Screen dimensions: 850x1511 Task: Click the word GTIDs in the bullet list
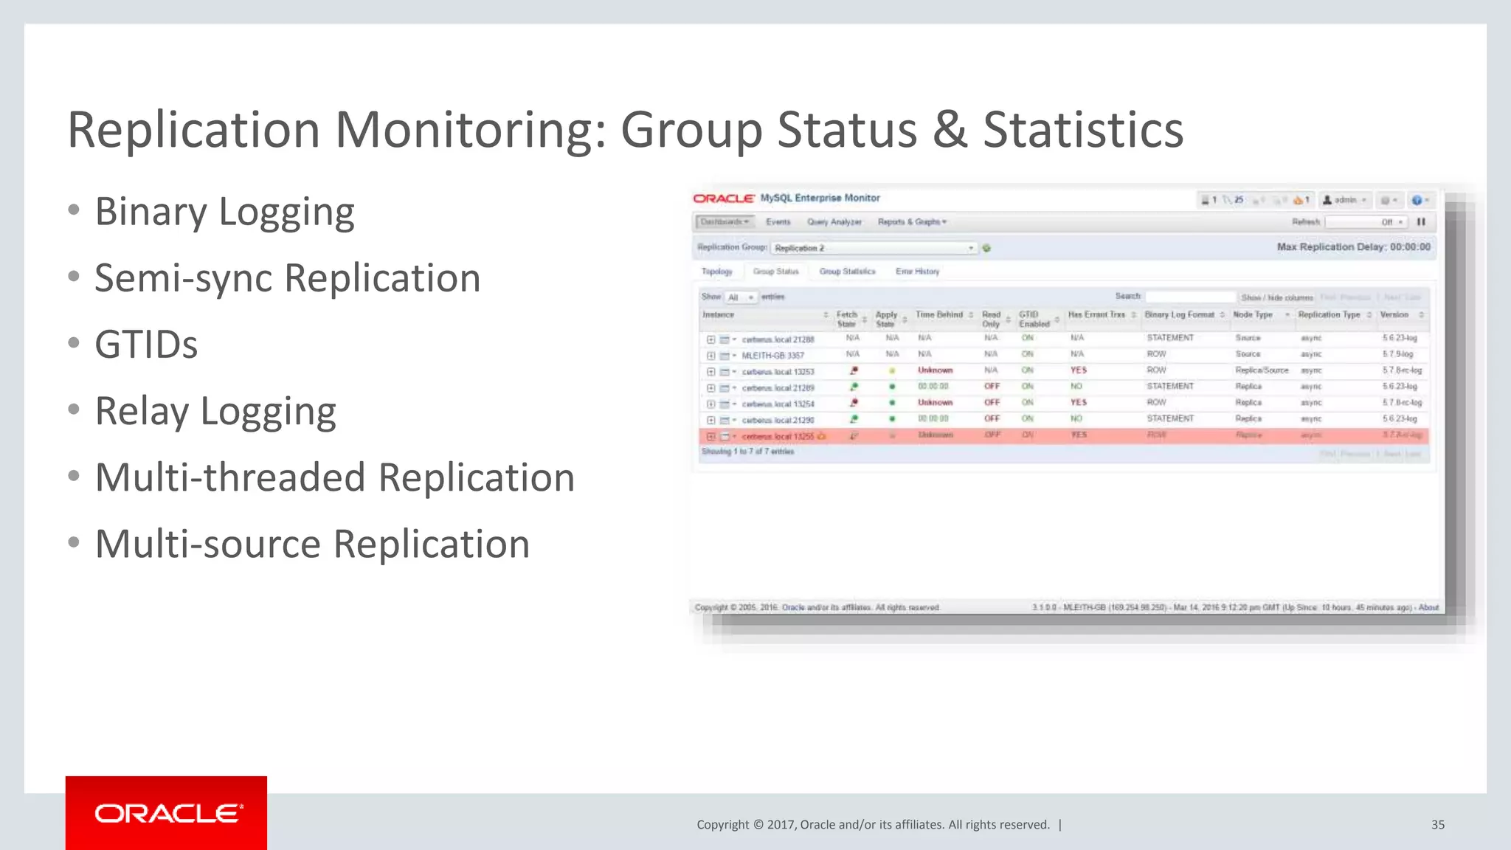146,345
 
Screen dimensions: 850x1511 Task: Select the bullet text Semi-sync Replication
287,278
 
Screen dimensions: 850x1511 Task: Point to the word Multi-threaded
229,477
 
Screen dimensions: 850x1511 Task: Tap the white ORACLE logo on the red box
167,813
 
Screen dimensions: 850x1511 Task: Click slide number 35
1437,824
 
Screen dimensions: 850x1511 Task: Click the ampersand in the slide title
950,130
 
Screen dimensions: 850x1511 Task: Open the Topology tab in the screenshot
716,272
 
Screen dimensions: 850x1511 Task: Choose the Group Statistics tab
847,272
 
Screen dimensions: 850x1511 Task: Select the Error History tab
917,272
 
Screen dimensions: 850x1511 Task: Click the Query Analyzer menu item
834,222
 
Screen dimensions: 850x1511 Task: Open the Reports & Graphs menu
911,222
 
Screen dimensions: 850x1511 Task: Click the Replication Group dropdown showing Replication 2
874,248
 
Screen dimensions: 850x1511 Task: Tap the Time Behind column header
939,315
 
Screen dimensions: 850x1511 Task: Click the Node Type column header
1253,315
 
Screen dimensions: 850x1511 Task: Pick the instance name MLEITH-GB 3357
772,356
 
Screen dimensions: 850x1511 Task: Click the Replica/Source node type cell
1262,370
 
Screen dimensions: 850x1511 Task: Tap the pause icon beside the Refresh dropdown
1421,222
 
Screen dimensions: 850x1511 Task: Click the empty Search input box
1190,297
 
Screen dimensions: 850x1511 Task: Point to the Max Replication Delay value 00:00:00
1410,247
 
